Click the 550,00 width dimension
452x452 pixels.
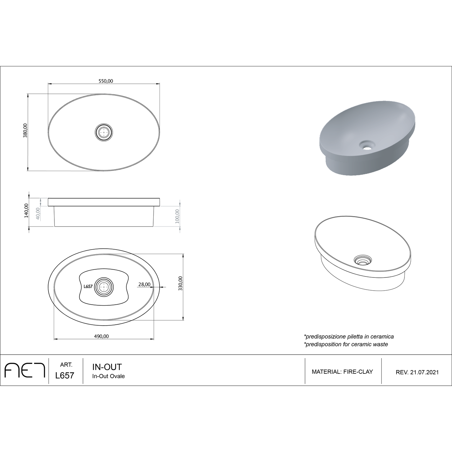106,81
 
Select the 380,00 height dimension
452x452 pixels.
25,130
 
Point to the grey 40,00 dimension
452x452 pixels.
38,213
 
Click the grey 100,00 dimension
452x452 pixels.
177,216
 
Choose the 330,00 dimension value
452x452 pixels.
180,283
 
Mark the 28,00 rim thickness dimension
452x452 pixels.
144,284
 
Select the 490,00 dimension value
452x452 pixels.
101,336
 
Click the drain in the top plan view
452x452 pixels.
104,132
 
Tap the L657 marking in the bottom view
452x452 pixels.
88,287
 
